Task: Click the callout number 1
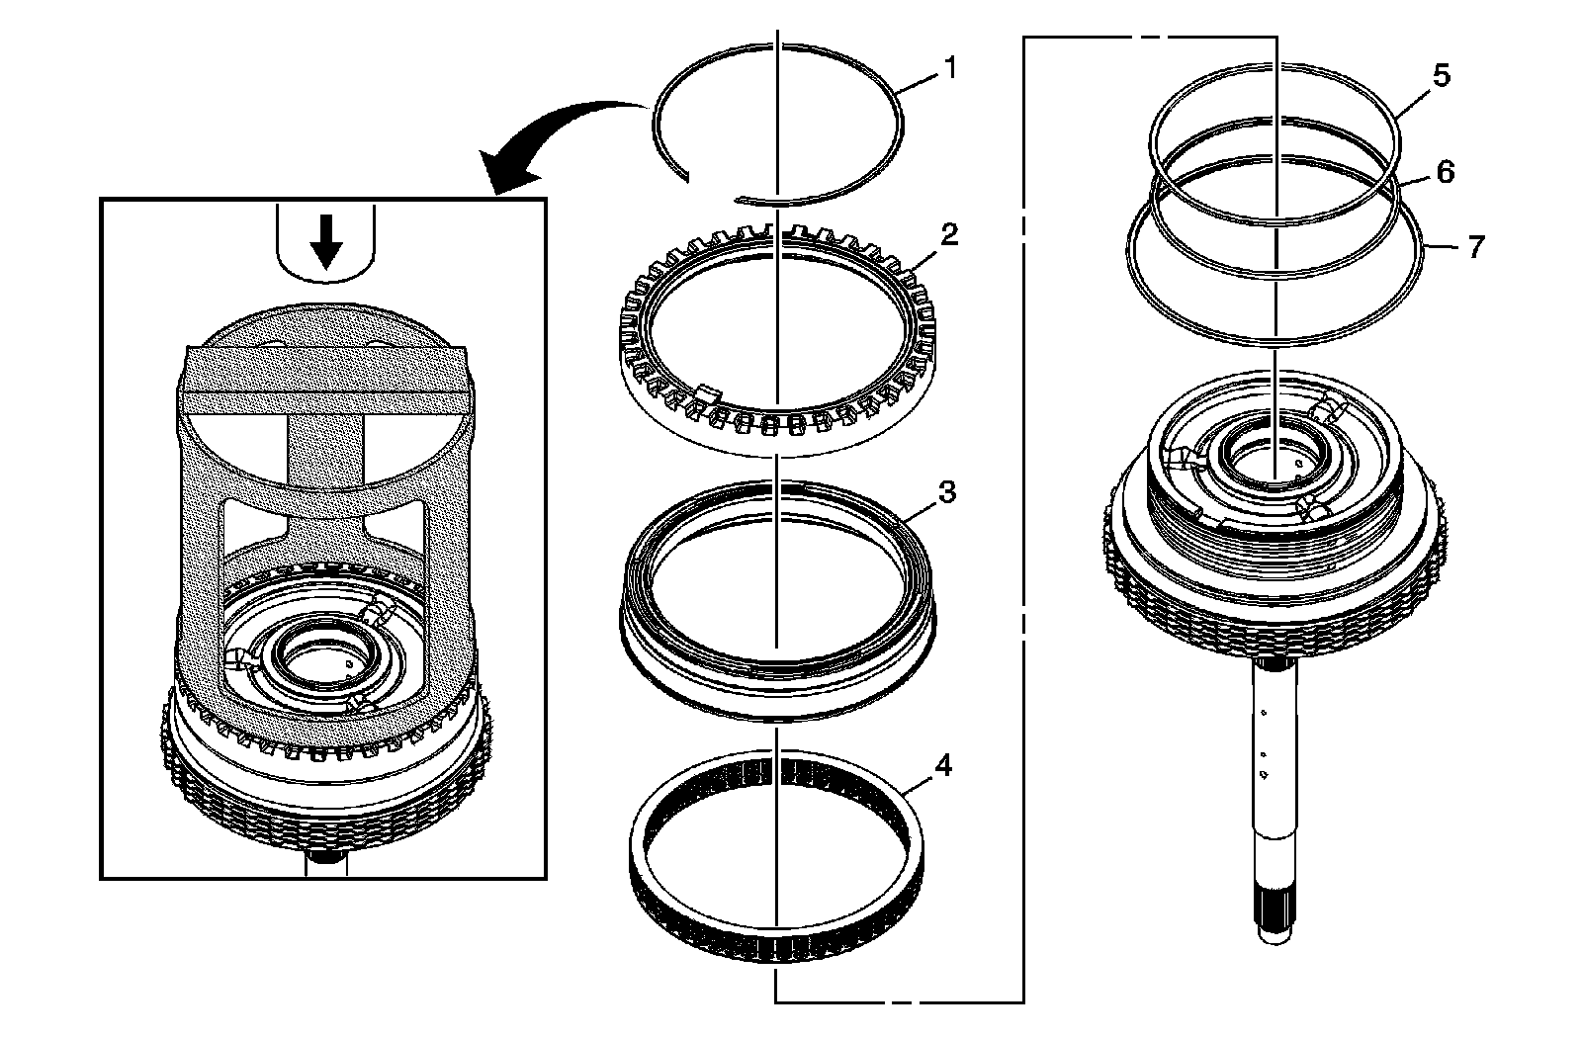[950, 68]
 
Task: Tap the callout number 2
[949, 234]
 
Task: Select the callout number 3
[946, 492]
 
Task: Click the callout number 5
[1442, 74]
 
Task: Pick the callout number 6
[1445, 171]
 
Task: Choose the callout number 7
[1475, 245]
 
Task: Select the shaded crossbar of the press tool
[325, 380]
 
